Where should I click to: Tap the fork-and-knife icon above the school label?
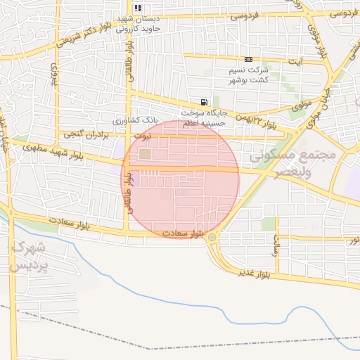click(138, 8)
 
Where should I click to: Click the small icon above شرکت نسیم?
click(248, 59)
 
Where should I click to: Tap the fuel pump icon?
click(204, 102)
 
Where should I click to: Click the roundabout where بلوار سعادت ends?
click(212, 238)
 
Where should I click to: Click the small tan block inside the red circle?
click(145, 154)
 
